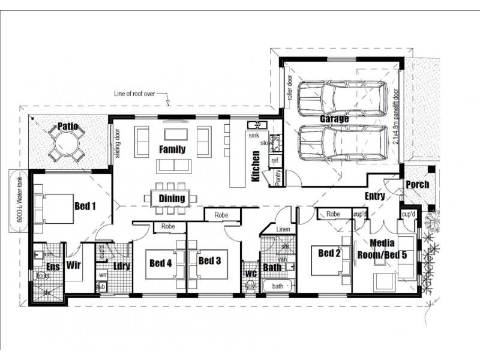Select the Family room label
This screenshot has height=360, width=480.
pos(172,149)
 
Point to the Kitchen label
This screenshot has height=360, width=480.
pos(256,166)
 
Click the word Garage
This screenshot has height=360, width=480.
pos(334,119)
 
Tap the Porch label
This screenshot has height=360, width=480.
pos(418,184)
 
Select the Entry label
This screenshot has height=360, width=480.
pos(375,196)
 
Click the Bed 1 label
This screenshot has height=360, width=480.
pos(85,206)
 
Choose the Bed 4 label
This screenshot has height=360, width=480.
pos(161,262)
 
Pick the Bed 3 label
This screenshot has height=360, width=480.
pos(210,260)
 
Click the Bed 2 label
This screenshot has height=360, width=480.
pos(329,253)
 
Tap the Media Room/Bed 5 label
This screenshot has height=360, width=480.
pos(382,248)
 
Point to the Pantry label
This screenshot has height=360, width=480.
pos(278,178)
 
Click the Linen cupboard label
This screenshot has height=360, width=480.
pos(283,229)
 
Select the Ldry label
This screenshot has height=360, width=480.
pos(122,265)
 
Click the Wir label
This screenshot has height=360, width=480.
pos(74,265)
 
